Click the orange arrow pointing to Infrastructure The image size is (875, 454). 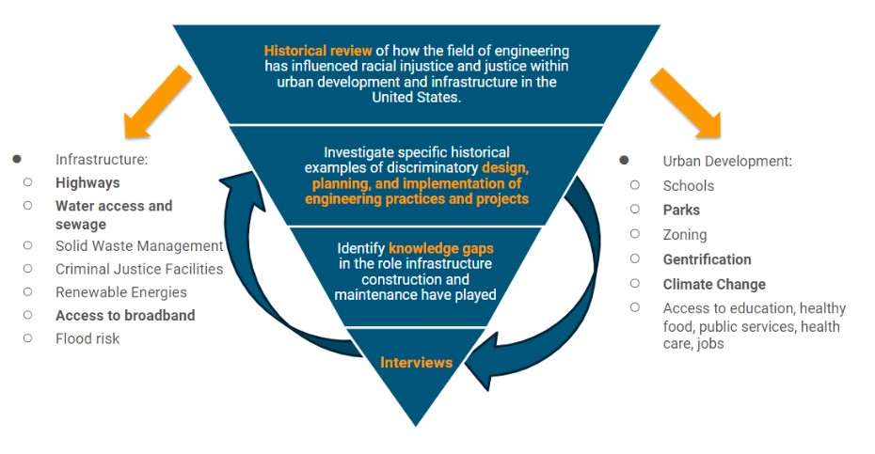[157, 102]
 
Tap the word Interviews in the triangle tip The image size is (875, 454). [416, 363]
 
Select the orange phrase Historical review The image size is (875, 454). [318, 51]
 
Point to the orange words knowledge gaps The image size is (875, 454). [441, 249]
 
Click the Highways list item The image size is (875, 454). [87, 183]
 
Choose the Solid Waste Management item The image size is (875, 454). [139, 246]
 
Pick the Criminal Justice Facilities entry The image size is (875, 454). [139, 270]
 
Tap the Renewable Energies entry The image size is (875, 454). [121, 292]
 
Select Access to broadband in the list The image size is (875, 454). [125, 316]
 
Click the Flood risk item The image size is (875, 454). [87, 338]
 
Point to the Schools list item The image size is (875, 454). [689, 186]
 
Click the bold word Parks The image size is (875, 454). [681, 211]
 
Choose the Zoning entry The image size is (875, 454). [685, 235]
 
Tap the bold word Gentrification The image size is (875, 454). [707, 259]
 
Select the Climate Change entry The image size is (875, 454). [714, 285]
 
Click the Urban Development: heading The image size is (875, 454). [727, 161]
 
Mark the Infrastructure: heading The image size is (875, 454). [102, 160]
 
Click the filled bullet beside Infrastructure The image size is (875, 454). [17, 159]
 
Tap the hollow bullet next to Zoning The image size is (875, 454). [634, 234]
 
